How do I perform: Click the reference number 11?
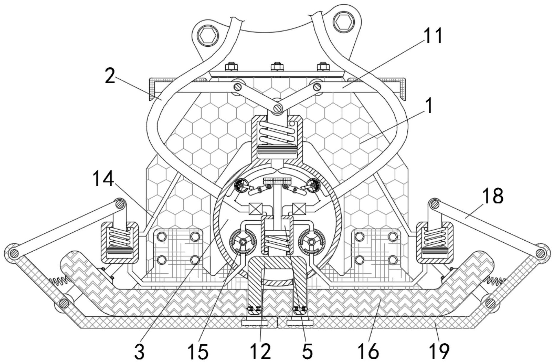click(x=432, y=36)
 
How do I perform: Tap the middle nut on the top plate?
click(x=277, y=66)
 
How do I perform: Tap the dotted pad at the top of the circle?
click(x=277, y=181)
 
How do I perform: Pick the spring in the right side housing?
click(x=434, y=238)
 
